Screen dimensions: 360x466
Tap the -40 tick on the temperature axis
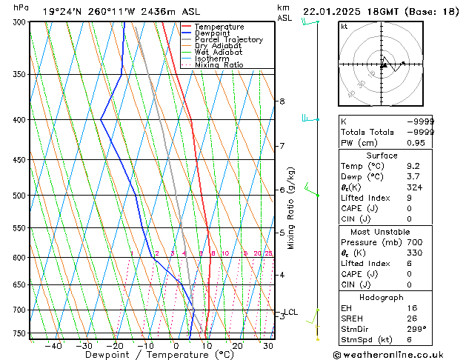[x=53, y=345]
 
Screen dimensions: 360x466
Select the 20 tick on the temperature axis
[x=237, y=345]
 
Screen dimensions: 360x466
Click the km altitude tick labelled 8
[x=282, y=101]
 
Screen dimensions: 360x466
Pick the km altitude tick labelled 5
[x=282, y=233]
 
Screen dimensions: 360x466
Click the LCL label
[x=291, y=313]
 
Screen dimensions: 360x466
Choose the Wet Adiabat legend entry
[x=219, y=52]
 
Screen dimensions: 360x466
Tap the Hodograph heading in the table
[x=387, y=297]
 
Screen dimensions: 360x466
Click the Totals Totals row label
[x=365, y=132]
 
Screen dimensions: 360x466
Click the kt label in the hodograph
[x=344, y=26]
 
